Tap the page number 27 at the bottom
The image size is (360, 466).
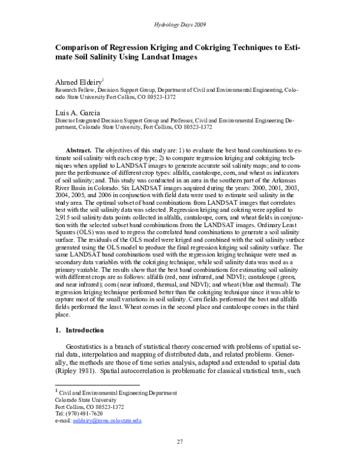tap(179, 443)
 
